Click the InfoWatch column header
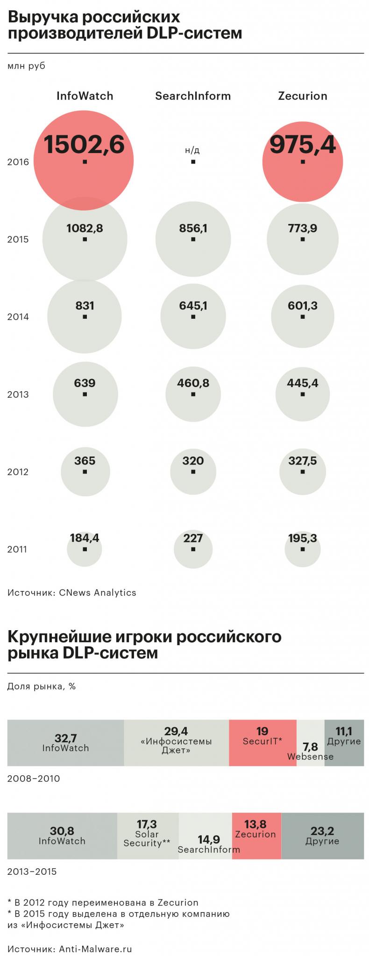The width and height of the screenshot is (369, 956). click(85, 96)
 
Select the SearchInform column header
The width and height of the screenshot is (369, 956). click(193, 96)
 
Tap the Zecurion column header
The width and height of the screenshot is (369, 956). click(302, 96)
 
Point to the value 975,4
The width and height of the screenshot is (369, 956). click(302, 144)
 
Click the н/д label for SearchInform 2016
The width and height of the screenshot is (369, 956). click(192, 150)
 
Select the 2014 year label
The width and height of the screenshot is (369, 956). click(18, 317)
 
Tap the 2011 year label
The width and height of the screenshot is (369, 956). click(17, 549)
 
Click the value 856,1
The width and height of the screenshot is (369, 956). click(193, 228)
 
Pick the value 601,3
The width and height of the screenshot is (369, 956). click(302, 306)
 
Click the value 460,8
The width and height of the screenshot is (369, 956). click(193, 383)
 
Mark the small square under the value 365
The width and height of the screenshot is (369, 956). click(85, 472)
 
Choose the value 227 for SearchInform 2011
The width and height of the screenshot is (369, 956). click(193, 538)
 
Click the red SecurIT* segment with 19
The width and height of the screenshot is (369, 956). click(262, 736)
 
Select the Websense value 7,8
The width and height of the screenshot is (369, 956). click(310, 747)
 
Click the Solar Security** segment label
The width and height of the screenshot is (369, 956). click(147, 838)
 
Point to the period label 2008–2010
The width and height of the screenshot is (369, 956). click(34, 779)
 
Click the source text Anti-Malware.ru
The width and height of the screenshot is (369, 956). click(95, 949)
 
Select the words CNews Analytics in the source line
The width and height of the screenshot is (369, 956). click(98, 593)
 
